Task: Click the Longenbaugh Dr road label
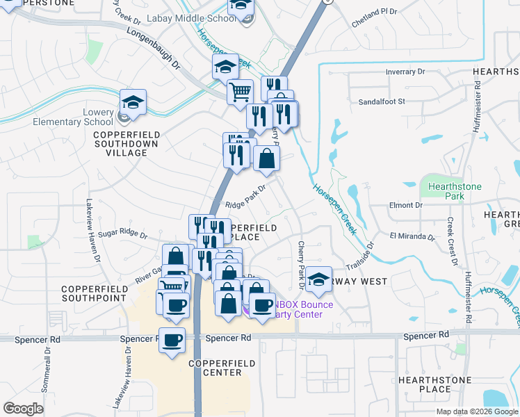[x=154, y=49]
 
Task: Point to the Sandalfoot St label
[x=381, y=101]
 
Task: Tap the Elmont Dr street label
[x=406, y=206]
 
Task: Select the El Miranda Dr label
[x=412, y=237]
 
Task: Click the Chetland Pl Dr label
[x=374, y=12]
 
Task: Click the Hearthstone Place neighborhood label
[x=434, y=384]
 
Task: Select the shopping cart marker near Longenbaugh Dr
[x=241, y=91]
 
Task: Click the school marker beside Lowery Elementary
[x=133, y=101]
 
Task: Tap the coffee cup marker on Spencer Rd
[x=172, y=340]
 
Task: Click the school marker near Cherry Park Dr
[x=319, y=279]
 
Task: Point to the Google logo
[x=24, y=409]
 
